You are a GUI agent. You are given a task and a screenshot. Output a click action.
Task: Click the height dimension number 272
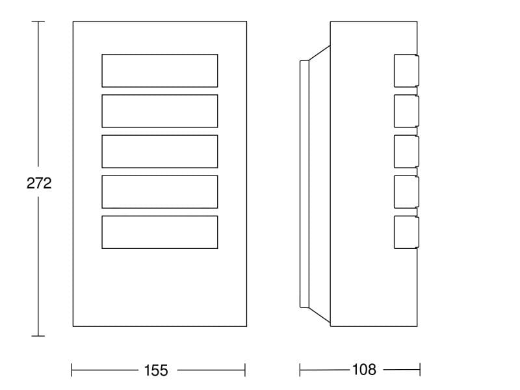(39, 183)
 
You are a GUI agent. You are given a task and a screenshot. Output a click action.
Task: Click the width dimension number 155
(156, 370)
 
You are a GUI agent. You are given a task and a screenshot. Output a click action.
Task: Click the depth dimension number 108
(364, 369)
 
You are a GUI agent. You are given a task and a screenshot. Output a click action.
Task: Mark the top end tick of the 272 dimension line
(38, 21)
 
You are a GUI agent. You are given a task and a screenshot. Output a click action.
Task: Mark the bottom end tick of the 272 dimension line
(38, 336)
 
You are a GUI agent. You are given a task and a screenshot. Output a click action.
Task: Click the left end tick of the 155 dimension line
(71, 370)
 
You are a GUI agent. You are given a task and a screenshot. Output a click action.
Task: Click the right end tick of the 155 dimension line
(245, 370)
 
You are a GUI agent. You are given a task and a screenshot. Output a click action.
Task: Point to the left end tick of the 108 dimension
(300, 370)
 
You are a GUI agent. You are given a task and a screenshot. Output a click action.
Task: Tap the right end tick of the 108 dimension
(420, 370)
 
